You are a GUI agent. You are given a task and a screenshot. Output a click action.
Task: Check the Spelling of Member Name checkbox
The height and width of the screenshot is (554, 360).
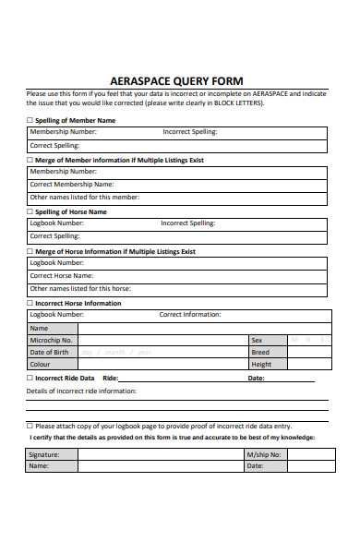coord(30,120)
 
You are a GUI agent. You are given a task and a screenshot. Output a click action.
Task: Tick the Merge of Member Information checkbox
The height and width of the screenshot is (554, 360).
coord(30,160)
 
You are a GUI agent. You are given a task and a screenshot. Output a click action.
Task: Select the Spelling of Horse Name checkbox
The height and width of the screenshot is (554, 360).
coord(30,211)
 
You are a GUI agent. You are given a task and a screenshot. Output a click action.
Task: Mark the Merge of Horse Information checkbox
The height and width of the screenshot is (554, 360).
coord(30,251)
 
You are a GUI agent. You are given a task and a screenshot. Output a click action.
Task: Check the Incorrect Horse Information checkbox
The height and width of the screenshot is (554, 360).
coord(30,303)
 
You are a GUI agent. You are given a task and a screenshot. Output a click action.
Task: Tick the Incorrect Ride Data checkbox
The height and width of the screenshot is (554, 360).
coord(30,378)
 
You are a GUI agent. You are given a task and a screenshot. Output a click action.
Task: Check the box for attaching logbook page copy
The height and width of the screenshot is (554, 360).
coord(30,426)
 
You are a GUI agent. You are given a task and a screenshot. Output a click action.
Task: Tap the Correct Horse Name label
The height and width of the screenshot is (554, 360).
coord(62,275)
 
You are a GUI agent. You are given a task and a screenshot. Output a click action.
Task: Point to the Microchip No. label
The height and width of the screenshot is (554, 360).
coord(51,340)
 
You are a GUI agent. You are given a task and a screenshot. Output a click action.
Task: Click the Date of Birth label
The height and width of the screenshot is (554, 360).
coord(49,352)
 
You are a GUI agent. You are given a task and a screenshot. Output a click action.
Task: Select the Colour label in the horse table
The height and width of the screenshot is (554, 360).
coord(40,364)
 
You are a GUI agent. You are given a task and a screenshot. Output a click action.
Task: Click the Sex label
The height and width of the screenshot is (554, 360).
coord(257,340)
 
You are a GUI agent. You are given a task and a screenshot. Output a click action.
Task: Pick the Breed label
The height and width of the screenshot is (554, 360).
coord(260,352)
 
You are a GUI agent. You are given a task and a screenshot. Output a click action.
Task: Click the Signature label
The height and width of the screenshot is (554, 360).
coord(44,454)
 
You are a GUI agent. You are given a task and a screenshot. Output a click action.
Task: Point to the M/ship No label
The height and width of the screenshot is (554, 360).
coord(263,454)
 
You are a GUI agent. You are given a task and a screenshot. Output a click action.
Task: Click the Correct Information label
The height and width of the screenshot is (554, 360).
coord(190,315)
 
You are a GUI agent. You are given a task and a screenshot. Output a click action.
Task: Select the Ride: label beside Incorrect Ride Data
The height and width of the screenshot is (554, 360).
coord(110,378)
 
